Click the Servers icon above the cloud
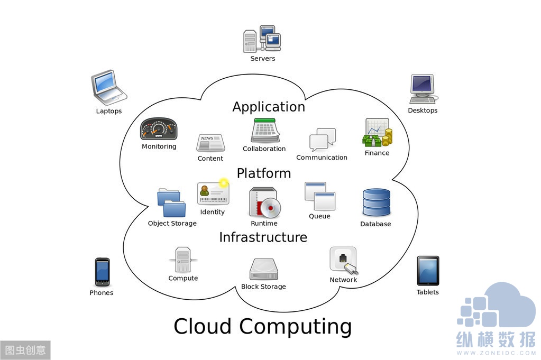(262, 39)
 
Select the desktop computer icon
(423, 89)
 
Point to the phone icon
(102, 272)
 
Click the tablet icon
(427, 271)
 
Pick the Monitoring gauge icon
(159, 129)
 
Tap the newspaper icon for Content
(210, 143)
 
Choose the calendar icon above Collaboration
(265, 130)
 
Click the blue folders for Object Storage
(171, 203)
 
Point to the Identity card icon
(213, 193)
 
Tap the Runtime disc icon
(264, 202)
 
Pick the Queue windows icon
(319, 197)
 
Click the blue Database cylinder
(376, 202)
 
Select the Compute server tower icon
(183, 260)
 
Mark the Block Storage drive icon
(263, 269)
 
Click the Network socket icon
(343, 260)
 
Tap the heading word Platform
(264, 173)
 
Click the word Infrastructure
(263, 237)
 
